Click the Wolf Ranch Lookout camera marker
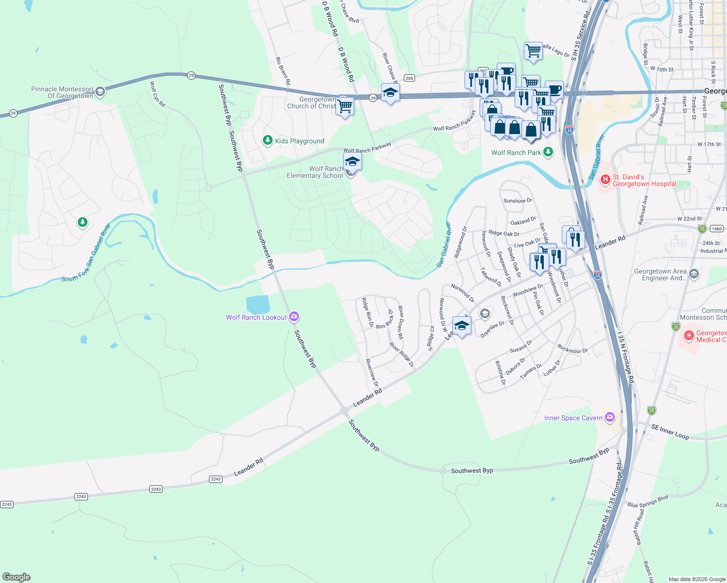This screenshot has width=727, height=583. click(x=294, y=317)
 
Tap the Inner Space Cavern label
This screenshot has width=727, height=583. click(x=573, y=418)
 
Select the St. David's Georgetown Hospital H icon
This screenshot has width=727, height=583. click(x=605, y=180)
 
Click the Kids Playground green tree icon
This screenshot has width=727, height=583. click(x=267, y=140)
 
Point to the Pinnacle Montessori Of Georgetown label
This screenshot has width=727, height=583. click(x=62, y=92)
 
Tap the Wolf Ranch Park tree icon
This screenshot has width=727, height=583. click(x=548, y=152)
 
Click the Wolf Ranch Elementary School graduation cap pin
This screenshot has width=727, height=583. click(x=352, y=162)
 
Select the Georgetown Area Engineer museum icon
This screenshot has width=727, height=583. click(x=694, y=274)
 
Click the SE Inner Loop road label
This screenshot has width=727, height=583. click(x=670, y=431)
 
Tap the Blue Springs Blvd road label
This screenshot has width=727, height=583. click(x=647, y=501)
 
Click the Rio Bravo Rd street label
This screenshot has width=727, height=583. click(x=283, y=71)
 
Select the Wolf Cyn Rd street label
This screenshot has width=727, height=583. click(x=157, y=94)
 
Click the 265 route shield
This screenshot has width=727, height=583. click(x=409, y=78)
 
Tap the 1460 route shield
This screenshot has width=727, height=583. click(x=716, y=228)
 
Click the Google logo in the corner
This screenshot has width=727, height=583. click(x=17, y=577)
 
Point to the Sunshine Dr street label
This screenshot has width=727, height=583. click(x=518, y=201)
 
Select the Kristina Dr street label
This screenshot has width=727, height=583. click(x=501, y=373)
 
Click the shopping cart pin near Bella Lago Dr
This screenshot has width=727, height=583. click(x=533, y=51)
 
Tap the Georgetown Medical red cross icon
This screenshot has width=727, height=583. click(x=689, y=336)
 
